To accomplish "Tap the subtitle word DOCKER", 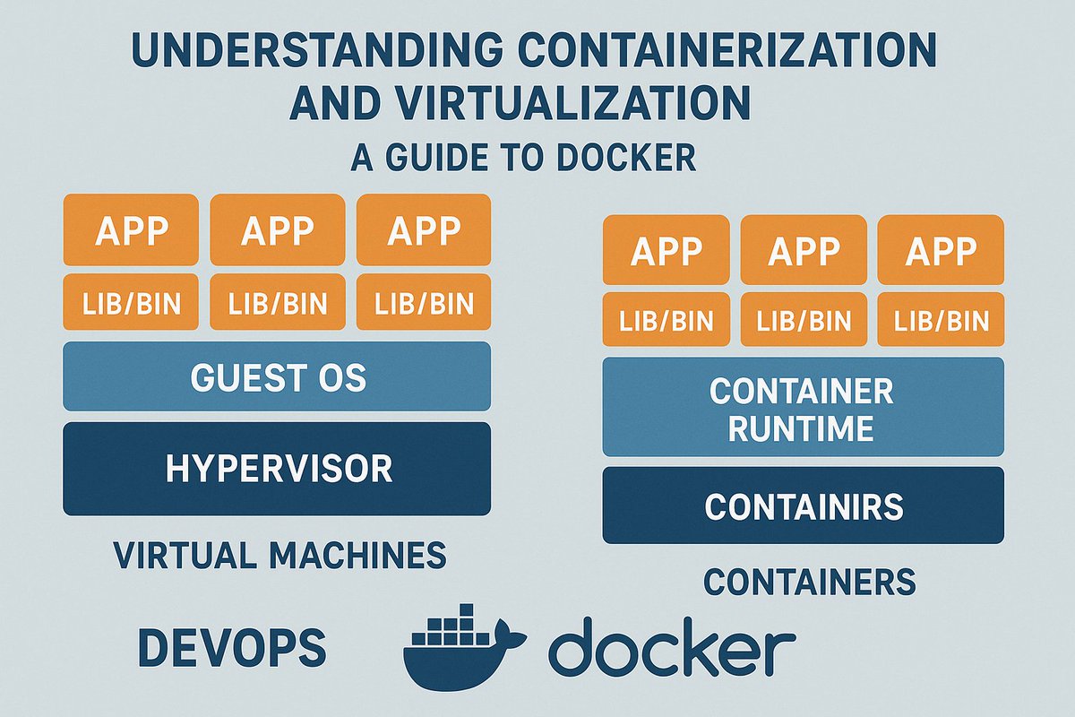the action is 627,157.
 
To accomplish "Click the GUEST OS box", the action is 277,376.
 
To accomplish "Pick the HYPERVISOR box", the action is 277,469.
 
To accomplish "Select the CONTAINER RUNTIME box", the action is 804,407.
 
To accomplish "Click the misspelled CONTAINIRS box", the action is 804,505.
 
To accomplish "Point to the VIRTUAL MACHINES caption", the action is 280,555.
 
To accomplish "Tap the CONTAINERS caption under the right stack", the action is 810,582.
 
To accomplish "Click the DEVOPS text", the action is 232,647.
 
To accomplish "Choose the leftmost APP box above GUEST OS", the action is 131,229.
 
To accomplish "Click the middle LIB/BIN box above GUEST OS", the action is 278,302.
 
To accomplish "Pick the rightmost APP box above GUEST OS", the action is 424,229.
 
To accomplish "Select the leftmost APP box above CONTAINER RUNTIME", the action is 666,250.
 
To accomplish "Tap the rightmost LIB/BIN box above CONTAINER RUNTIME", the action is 941,319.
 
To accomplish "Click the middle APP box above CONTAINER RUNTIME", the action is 804,250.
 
